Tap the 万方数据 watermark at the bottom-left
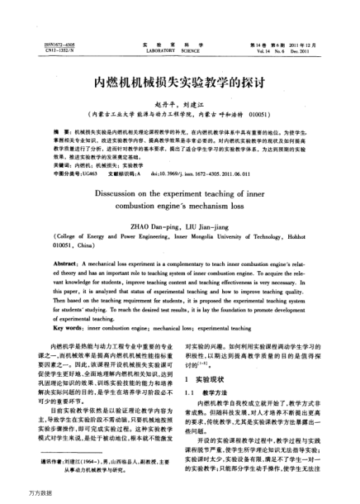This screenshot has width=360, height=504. pyautogui.click(x=17, y=494)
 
